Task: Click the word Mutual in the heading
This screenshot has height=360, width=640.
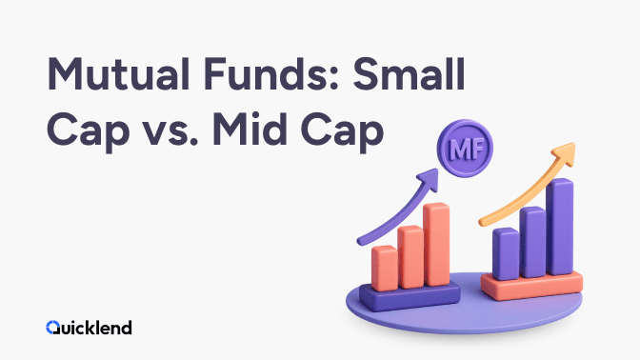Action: click(118, 74)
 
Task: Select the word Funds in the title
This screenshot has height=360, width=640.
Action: click(271, 74)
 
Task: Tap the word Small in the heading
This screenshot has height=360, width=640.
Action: click(410, 73)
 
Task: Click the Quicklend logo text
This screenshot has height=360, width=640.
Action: click(89, 328)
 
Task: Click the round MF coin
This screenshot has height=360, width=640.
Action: click(465, 149)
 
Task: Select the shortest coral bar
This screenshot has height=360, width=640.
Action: click(385, 269)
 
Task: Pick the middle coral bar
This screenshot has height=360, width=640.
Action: click(410, 257)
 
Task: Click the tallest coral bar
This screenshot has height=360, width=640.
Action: click(436, 244)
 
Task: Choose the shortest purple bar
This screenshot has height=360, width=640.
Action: click(506, 254)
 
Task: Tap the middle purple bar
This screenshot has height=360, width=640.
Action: click(532, 242)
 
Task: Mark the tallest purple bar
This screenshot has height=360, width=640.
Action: click(560, 227)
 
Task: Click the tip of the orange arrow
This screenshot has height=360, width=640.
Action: click(574, 144)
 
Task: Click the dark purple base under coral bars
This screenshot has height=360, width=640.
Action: click(410, 296)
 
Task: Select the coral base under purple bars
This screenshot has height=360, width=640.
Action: click(531, 286)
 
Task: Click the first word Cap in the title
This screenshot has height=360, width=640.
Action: click(89, 132)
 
